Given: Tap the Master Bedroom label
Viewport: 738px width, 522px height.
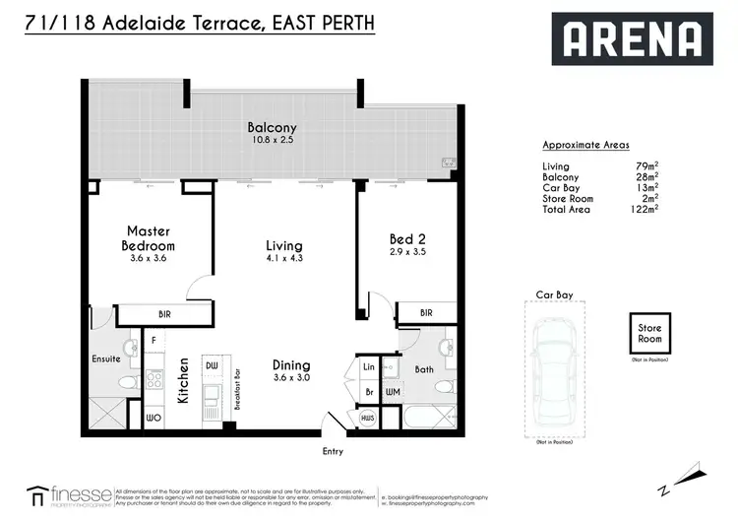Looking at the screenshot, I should point(149,238).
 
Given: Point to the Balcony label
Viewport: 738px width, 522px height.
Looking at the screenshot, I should point(272,128).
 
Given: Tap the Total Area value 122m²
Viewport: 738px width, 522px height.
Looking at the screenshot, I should point(646,209).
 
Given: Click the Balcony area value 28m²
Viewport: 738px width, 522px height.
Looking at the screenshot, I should point(647,176).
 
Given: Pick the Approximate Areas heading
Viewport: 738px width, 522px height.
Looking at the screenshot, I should point(585,145).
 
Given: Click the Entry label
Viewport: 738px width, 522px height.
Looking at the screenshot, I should point(334,451).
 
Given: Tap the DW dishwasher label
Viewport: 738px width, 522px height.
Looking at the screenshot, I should point(211,366).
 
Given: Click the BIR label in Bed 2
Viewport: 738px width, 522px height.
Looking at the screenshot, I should point(425,313).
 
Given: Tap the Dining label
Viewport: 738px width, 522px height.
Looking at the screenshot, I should point(292,364).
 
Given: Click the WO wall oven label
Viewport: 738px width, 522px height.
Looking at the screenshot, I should point(154,419).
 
